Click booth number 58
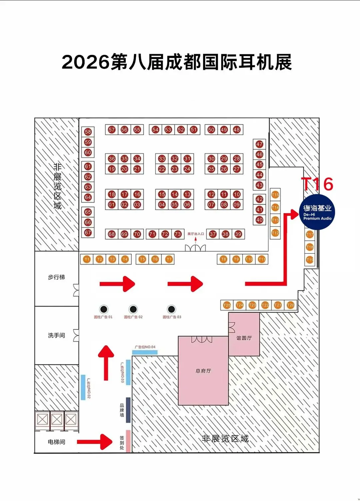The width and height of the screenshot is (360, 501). (88, 132)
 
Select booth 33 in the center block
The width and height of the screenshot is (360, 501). (162, 159)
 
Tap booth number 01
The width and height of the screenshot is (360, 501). (112, 205)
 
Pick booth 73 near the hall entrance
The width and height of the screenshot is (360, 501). (178, 234)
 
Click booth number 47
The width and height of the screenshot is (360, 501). (260, 144)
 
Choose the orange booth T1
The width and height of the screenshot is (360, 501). (87, 259)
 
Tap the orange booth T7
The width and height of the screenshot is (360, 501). (169, 259)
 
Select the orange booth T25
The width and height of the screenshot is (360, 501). (227, 305)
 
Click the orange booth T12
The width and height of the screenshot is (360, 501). (275, 233)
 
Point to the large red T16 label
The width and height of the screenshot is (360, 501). (317, 184)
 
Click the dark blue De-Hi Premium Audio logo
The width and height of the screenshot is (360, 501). (317, 212)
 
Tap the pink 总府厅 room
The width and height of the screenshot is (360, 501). (203, 371)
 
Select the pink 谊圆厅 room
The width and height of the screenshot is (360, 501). (244, 338)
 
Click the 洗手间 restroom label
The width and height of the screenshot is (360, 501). (56, 335)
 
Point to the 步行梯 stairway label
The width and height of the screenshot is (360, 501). (56, 277)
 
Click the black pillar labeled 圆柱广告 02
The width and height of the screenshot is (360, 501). (133, 309)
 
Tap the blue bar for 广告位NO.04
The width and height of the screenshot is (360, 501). (145, 352)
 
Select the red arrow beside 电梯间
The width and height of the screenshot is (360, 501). (95, 442)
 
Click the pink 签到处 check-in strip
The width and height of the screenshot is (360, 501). (128, 441)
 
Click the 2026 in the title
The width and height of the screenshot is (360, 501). (86, 62)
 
